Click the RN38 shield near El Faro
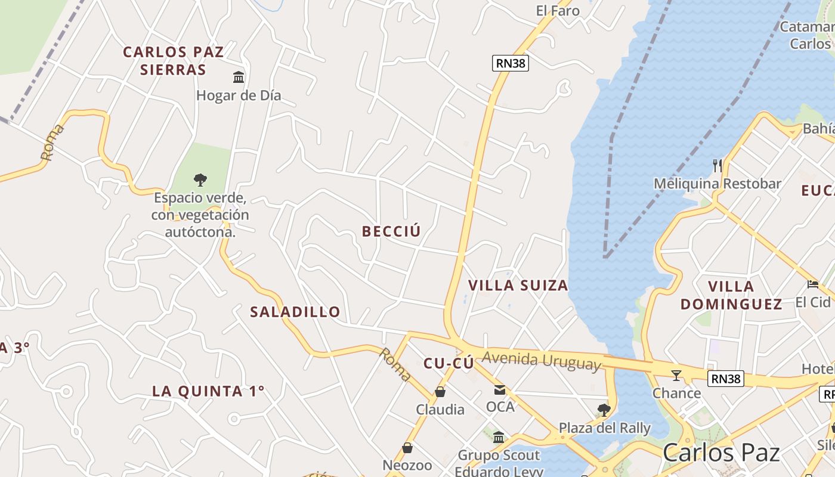(x=511, y=63)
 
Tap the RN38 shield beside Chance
(x=726, y=378)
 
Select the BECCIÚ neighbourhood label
(x=391, y=231)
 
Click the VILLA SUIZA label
(x=518, y=285)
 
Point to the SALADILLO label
(x=295, y=311)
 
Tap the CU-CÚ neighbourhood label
(x=449, y=363)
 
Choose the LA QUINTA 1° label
(x=208, y=391)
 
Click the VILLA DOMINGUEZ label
(x=731, y=295)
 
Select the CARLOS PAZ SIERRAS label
(x=173, y=61)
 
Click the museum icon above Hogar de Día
(x=239, y=77)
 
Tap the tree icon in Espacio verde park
(x=200, y=179)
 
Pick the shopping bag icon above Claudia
(x=440, y=392)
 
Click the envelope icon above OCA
(x=500, y=390)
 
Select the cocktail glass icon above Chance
(x=676, y=375)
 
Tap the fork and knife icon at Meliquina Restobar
(x=718, y=165)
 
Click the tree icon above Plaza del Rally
(x=604, y=410)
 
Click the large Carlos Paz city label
(x=721, y=453)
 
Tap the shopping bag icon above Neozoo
(x=407, y=447)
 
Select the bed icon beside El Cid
(x=812, y=284)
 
